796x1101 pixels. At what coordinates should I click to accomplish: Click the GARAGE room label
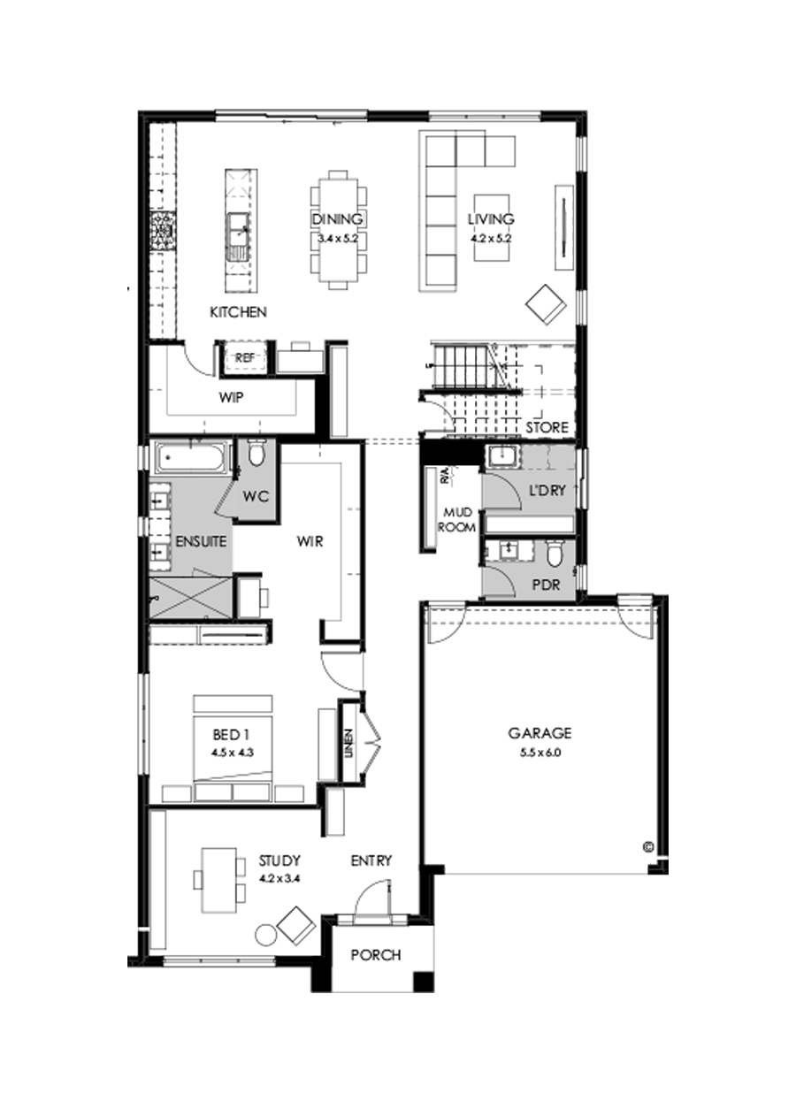tap(540, 733)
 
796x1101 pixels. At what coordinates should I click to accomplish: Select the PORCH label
tap(375, 955)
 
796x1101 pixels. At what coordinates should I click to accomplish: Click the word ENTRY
tap(371, 860)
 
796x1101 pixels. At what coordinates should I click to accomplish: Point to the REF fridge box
tap(244, 358)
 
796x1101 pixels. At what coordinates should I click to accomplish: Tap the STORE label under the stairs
tap(547, 427)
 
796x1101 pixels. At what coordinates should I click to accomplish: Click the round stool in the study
tap(264, 935)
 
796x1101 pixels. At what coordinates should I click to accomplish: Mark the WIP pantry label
tap(231, 398)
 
